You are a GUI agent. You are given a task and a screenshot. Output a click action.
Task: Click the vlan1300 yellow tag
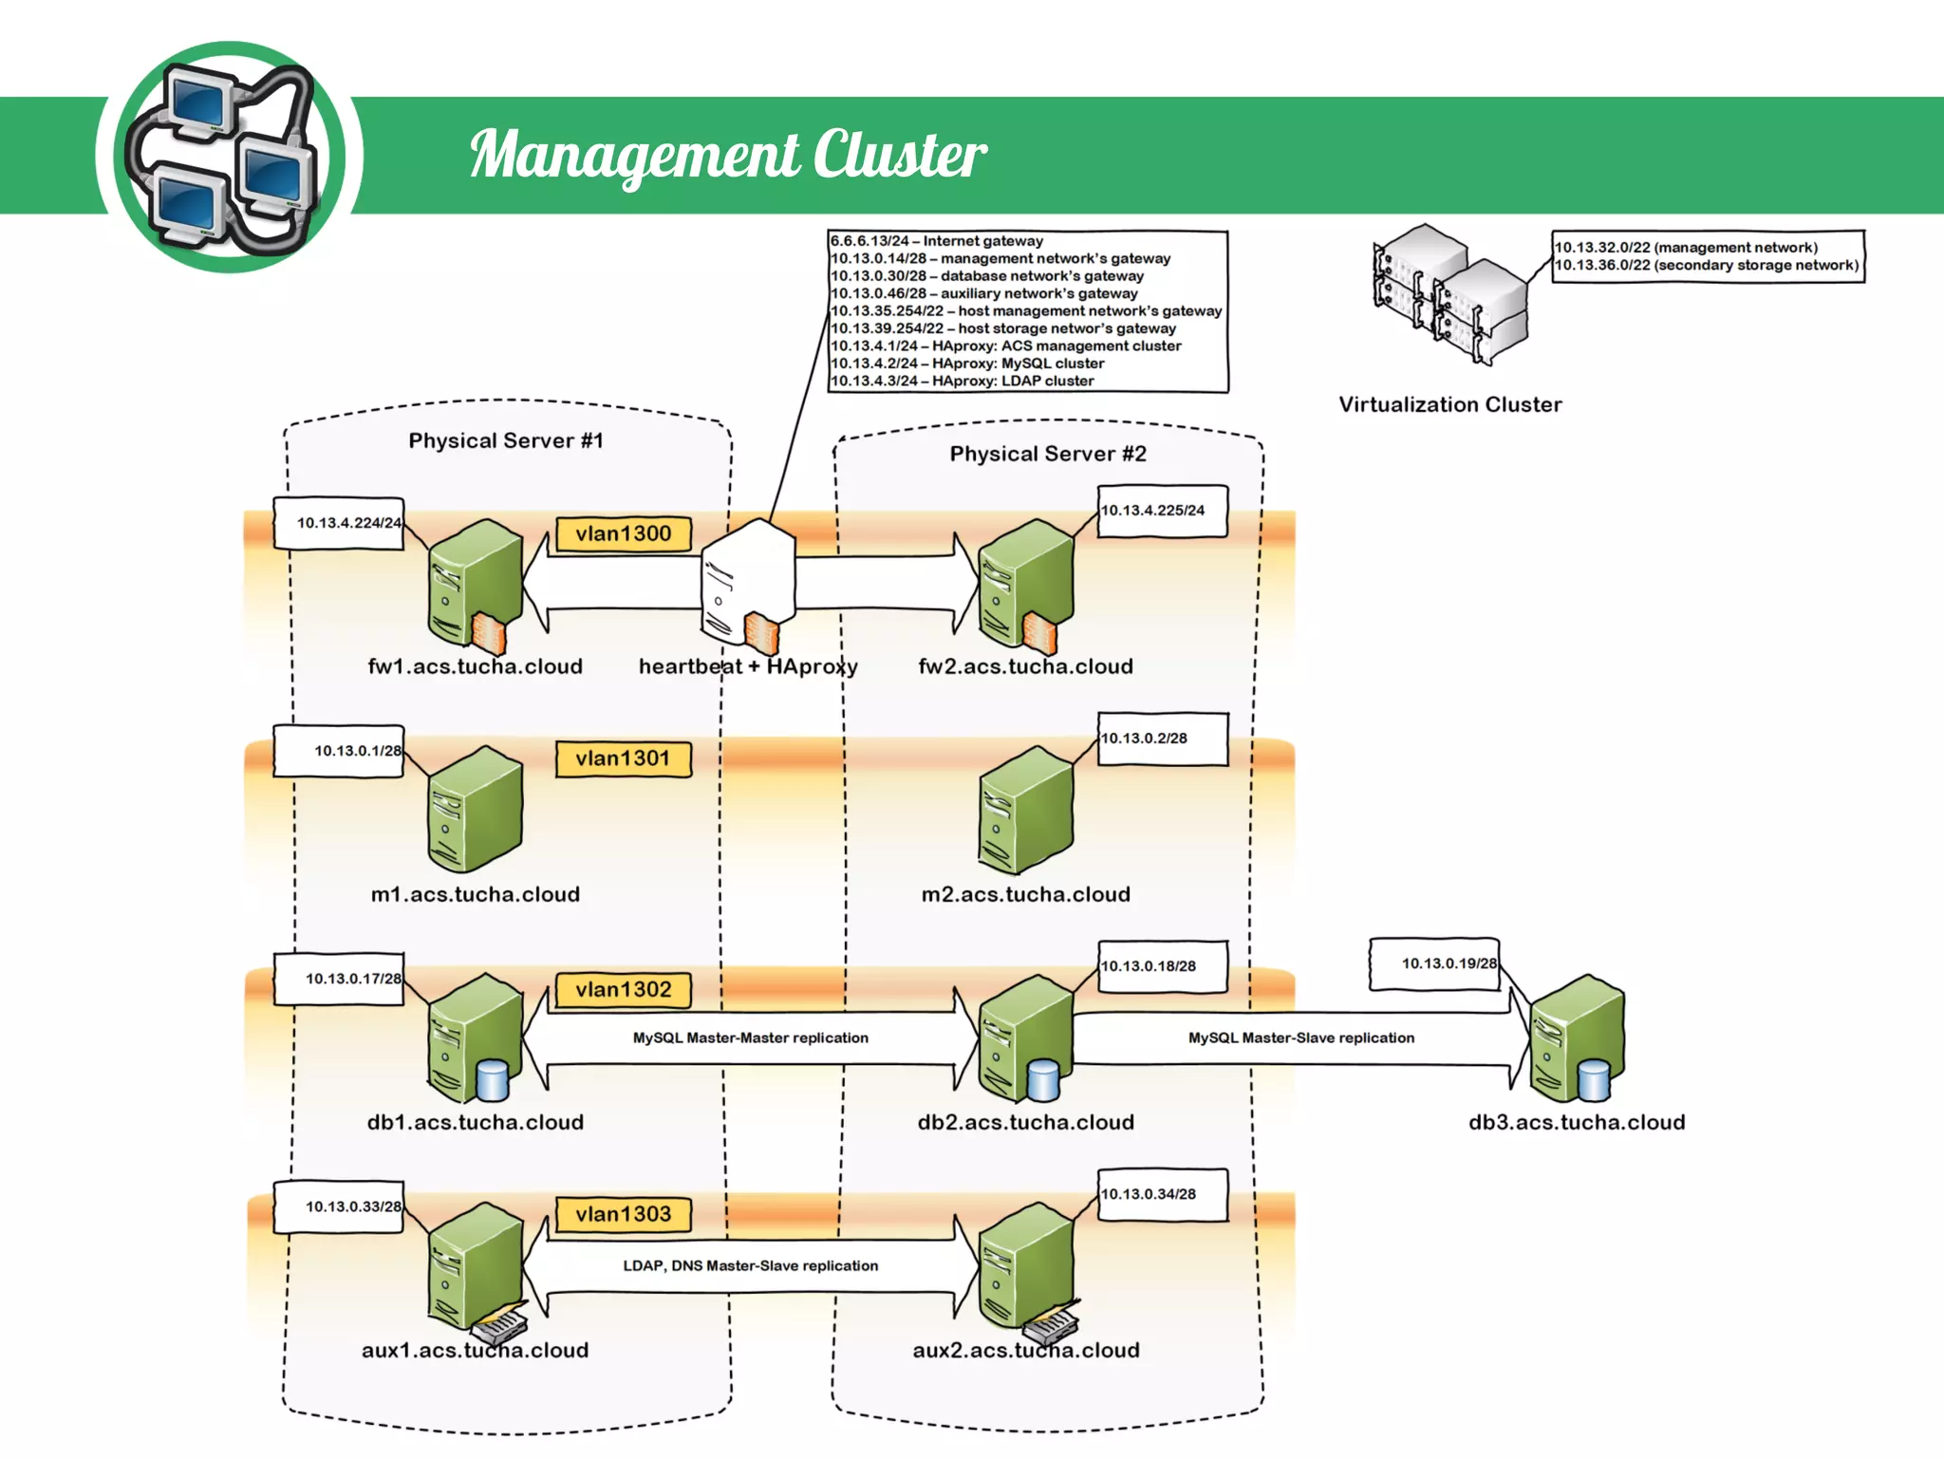[x=623, y=533]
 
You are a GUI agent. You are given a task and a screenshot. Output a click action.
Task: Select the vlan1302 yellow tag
[x=623, y=990]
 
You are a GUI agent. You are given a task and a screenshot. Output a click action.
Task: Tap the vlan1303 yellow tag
[x=623, y=1214]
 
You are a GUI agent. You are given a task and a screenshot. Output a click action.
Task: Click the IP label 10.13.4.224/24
[x=348, y=523]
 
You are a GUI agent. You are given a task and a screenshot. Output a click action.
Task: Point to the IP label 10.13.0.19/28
[x=1448, y=963]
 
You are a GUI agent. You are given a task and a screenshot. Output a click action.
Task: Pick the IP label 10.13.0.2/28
[x=1144, y=738]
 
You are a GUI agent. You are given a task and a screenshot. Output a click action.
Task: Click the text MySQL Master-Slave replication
[x=1300, y=1038]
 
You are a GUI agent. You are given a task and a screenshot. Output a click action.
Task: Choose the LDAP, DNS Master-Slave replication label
[x=750, y=1266]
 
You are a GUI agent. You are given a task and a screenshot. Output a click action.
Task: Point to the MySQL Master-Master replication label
[x=750, y=1038]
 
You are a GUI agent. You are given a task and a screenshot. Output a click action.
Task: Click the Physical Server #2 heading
[x=1048, y=454]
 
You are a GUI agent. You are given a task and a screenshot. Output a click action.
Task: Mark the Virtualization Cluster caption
[x=1449, y=404]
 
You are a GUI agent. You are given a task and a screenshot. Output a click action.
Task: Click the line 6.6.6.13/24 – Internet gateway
[x=936, y=241]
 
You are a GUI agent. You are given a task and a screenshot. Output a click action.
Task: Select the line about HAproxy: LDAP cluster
[x=962, y=382]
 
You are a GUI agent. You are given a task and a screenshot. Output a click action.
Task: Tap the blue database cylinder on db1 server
[x=492, y=1079]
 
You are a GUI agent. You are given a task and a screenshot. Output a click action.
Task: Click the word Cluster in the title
[x=899, y=155]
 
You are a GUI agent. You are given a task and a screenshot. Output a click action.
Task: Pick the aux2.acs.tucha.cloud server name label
[x=1025, y=1351]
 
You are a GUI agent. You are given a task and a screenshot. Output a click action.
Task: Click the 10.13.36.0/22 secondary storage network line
[x=1706, y=266]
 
